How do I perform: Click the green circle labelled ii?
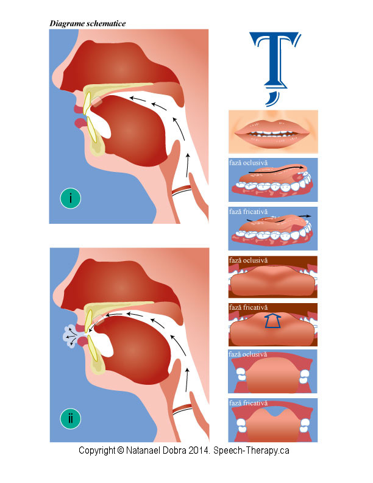pyautogui.click(x=71, y=419)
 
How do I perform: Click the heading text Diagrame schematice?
pyautogui.click(x=88, y=23)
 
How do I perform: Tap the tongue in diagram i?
pyautogui.click(x=131, y=125)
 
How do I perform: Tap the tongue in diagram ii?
pyautogui.click(x=131, y=345)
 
